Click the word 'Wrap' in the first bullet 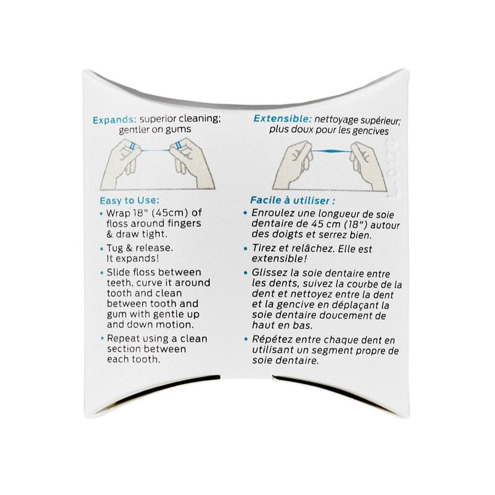click(x=117, y=213)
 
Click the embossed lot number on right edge click(x=392, y=168)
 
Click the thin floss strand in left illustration click(x=154, y=148)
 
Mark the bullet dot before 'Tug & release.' click(x=101, y=248)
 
